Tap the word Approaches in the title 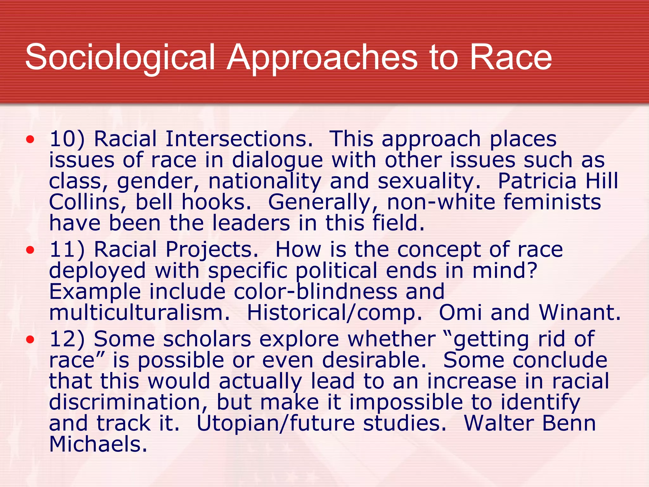click(322, 58)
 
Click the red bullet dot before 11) click(30, 250)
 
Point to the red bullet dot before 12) click(30, 340)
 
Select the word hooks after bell click(216, 202)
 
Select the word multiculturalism click(139, 313)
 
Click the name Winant click(580, 313)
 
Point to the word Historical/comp click(334, 313)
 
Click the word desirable click(374, 360)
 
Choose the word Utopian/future click(275, 424)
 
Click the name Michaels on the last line click(98, 444)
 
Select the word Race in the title click(511, 58)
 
